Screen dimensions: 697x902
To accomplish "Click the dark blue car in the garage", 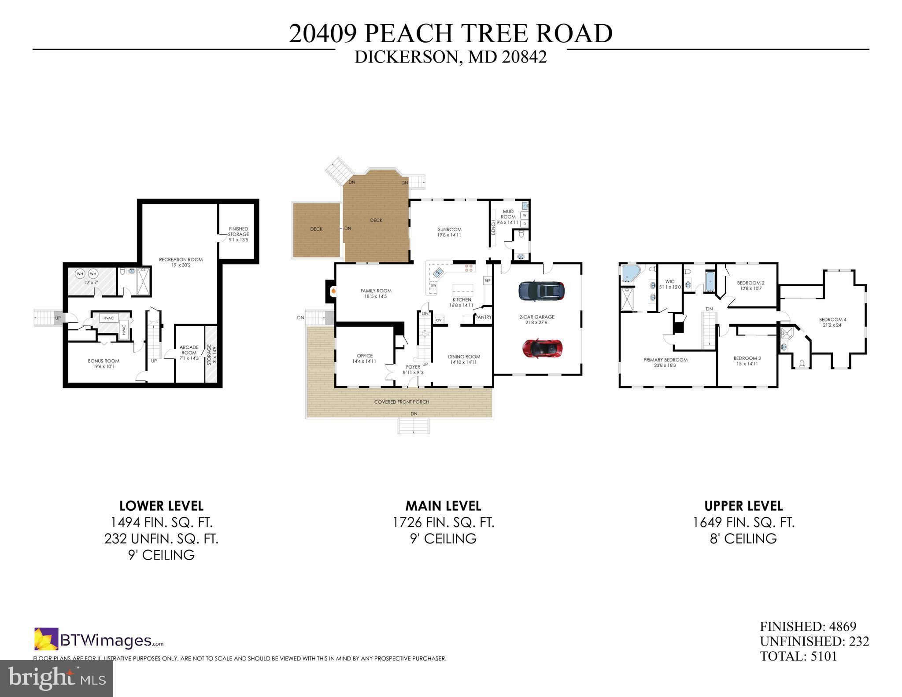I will click(x=541, y=291).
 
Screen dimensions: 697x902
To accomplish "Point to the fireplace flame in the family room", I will click(x=334, y=291).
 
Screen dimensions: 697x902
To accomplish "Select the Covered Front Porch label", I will click(x=401, y=402).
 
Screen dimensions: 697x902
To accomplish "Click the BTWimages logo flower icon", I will click(x=46, y=639).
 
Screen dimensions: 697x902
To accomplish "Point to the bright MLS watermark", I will click(x=56, y=678).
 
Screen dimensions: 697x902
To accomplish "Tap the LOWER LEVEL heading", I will click(x=161, y=505).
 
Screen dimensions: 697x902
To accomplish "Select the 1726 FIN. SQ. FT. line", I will click(x=443, y=522).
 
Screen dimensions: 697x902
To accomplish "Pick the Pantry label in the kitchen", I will click(x=483, y=317).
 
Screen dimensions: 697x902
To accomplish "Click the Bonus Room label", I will click(x=104, y=363).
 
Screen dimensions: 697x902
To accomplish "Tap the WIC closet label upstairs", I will click(x=670, y=284).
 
